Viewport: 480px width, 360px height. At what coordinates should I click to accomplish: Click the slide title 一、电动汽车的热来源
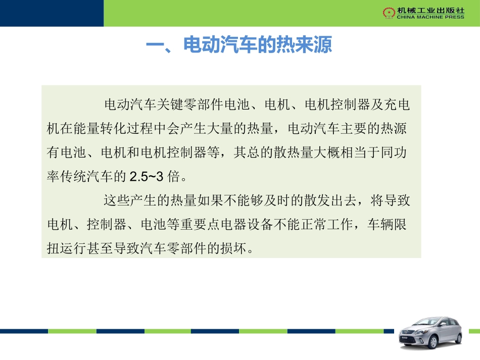[238, 45]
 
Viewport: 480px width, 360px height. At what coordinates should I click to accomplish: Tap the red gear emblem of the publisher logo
[388, 12]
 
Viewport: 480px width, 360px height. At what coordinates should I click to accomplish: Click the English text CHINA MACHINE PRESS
[423, 17]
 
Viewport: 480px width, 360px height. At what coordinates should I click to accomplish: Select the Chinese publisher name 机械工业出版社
[423, 10]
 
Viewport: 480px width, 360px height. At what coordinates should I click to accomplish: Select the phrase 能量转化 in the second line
[97, 129]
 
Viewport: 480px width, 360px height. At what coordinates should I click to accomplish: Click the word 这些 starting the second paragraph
[115, 200]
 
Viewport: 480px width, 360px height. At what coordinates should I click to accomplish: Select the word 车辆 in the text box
[379, 225]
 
